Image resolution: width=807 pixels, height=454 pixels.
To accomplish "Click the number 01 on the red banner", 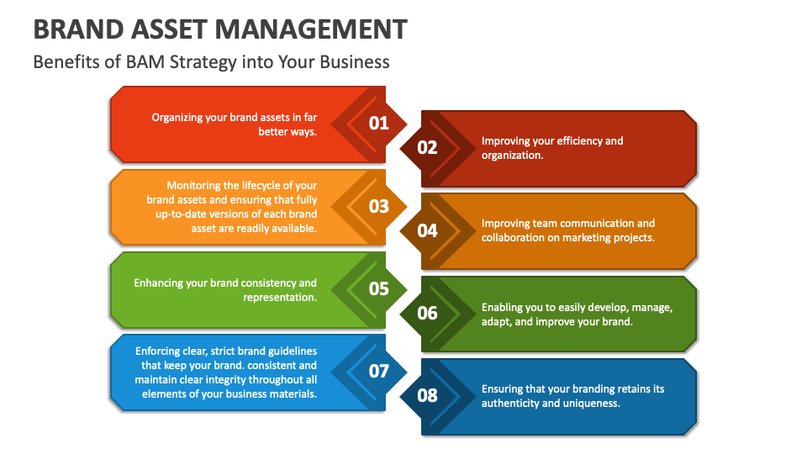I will pos(379,124).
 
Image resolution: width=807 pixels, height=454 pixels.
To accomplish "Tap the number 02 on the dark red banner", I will pos(428,148).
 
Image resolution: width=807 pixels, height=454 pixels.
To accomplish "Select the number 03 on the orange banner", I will pos(379,206).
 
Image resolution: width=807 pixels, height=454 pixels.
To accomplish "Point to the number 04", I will pos(428,230).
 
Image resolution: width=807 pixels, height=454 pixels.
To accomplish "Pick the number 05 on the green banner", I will pos(379,288).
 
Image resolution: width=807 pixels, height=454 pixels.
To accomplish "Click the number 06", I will pos(428,313).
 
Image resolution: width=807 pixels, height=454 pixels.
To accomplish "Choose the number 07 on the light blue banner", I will pos(379,371).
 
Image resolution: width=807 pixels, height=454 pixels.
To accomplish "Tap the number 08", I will pos(428,395).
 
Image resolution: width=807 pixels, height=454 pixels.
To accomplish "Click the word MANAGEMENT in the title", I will pos(312,29).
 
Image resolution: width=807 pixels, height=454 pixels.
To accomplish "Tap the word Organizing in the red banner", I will pos(177,118).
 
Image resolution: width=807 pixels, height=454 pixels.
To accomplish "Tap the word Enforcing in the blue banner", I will pos(161,351).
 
